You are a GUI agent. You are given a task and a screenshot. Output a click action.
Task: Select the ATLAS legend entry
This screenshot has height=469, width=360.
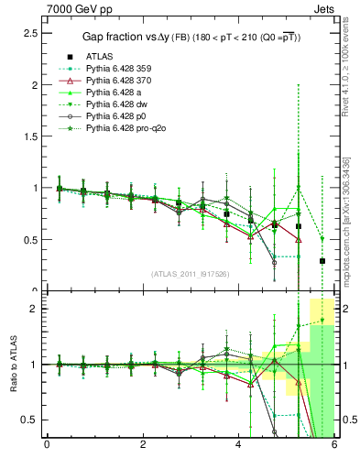click(x=101, y=56)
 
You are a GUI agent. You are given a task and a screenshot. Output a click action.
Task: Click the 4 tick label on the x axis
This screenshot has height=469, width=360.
click(x=239, y=446)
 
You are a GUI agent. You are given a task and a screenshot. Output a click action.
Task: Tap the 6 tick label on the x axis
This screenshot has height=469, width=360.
click(x=334, y=446)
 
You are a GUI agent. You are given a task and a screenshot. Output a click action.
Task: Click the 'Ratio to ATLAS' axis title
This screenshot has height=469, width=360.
click(x=13, y=365)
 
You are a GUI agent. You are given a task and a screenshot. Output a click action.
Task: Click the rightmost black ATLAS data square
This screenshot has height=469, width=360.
click(x=322, y=261)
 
